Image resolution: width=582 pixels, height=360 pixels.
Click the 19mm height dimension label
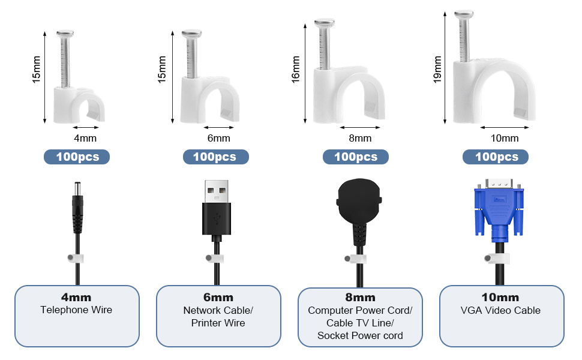click(x=438, y=70)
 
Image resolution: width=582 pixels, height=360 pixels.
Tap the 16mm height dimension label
click(x=296, y=70)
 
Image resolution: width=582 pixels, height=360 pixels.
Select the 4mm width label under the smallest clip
click(x=86, y=139)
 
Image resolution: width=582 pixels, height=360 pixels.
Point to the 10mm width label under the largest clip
click(x=504, y=139)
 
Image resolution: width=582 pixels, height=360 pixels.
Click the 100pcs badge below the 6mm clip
click(x=215, y=157)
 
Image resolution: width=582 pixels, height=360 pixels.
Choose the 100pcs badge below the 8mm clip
click(x=355, y=157)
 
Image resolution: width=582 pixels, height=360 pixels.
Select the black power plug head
click(x=356, y=204)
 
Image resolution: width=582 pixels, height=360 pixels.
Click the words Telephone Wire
click(x=76, y=310)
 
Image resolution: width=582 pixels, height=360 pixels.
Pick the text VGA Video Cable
click(x=501, y=310)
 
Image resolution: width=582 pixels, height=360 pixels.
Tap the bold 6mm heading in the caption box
click(x=218, y=298)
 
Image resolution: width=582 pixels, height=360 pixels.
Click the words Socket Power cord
click(x=360, y=335)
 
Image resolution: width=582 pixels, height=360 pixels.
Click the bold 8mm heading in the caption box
click(x=360, y=298)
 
